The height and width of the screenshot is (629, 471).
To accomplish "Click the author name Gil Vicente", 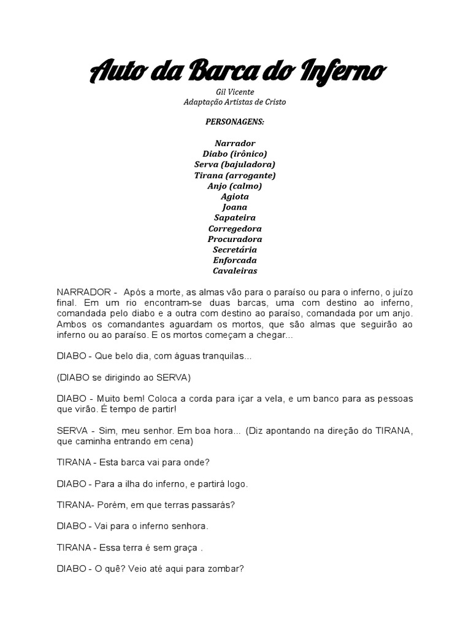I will (235, 92).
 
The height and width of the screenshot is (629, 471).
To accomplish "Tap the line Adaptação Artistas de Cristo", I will (235, 102).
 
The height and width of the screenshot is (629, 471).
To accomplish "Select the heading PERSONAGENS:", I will (235, 122).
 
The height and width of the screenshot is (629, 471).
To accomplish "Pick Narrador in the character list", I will (235, 143).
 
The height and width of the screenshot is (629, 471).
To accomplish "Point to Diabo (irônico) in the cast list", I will (235, 154).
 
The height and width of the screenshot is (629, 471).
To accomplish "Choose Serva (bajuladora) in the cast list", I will (235, 164).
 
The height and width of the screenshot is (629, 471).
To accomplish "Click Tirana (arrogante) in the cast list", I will (235, 175).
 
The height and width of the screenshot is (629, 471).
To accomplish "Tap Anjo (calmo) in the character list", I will (235, 186).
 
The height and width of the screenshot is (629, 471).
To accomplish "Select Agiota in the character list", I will (235, 197).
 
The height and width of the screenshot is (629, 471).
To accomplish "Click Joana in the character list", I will (235, 207).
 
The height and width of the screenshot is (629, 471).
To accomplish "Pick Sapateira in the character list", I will (235, 217).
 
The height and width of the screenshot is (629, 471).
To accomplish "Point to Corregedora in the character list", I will (235, 229).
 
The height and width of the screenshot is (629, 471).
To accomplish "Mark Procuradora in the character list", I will (235, 239).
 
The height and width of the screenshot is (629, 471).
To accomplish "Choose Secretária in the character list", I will (235, 249).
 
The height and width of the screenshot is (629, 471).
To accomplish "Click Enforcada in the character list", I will (235, 260).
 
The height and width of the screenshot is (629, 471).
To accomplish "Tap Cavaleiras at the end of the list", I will (235, 270).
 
